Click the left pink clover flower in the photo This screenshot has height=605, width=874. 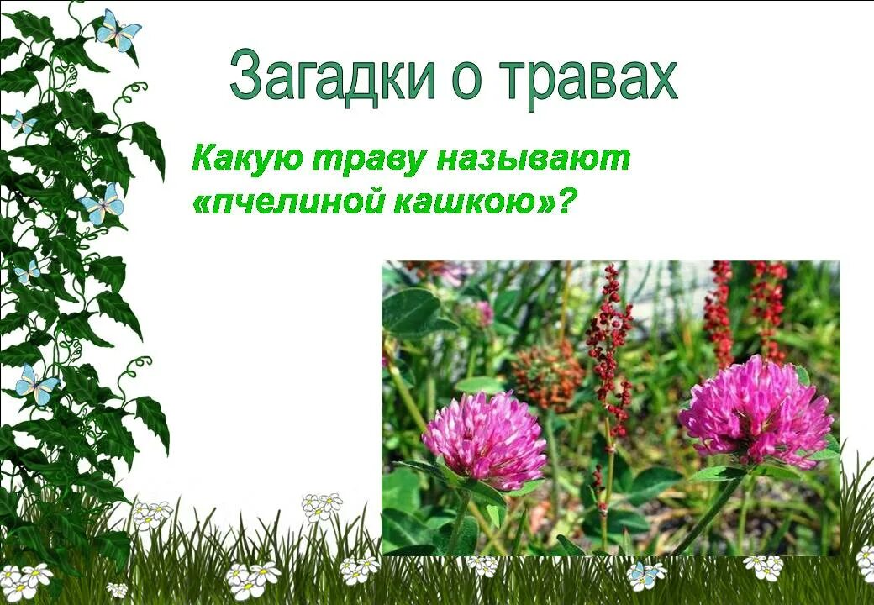pos(484,439)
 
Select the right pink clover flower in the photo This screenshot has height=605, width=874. pos(756,410)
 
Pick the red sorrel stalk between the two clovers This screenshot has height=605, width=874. pos(608,353)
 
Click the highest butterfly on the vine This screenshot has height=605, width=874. pos(118,30)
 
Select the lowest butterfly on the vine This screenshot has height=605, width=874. pos(36,385)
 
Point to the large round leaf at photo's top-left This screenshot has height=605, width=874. pos(412,310)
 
